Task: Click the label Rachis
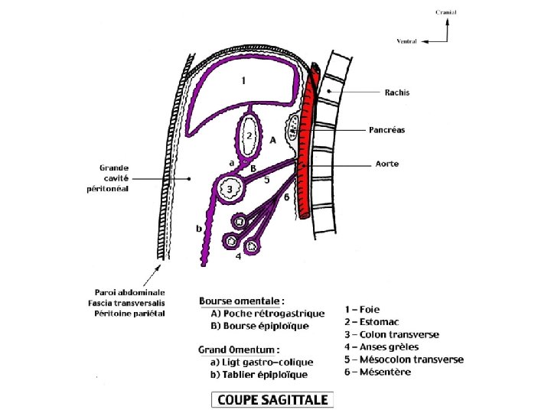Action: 397,93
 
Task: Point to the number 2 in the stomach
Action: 249,135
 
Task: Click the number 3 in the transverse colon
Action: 228,189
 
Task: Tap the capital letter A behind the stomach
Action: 272,140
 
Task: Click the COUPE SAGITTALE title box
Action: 272,399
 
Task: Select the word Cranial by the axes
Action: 446,13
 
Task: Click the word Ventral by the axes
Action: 406,41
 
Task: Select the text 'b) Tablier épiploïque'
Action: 259,374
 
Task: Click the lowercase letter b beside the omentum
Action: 199,228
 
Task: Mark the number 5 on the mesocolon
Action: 267,180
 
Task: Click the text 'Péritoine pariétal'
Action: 129,313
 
